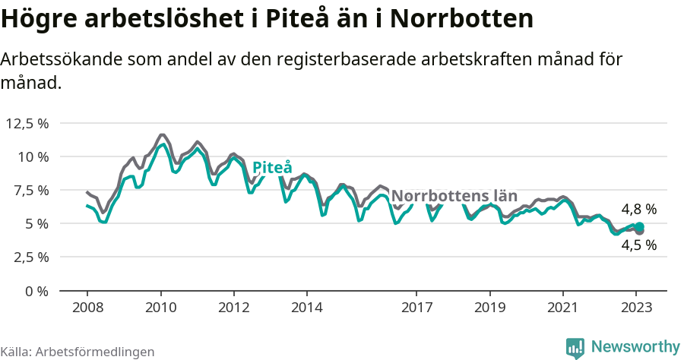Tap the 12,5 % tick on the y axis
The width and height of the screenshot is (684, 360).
tap(27, 123)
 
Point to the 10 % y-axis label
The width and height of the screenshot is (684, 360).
tap(33, 156)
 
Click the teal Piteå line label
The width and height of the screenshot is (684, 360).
tap(272, 167)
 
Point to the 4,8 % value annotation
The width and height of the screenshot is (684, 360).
tap(638, 209)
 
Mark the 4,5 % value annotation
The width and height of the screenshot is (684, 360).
tap(638, 245)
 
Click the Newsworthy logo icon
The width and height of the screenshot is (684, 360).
tap(575, 347)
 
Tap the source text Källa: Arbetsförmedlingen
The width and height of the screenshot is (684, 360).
tap(78, 352)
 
